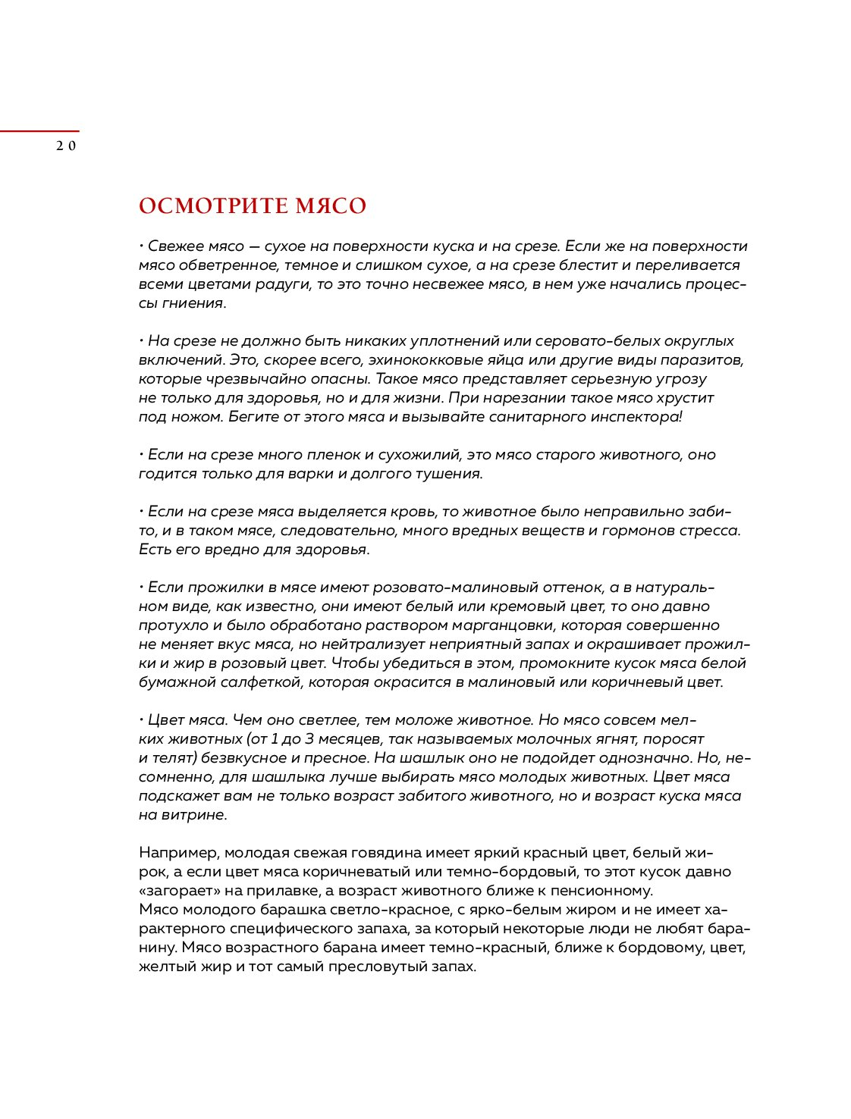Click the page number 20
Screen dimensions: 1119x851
coord(66,146)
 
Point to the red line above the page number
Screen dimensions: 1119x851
coord(39,132)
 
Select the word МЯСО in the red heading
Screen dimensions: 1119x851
coord(331,206)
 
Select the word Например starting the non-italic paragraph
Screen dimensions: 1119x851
coord(178,853)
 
